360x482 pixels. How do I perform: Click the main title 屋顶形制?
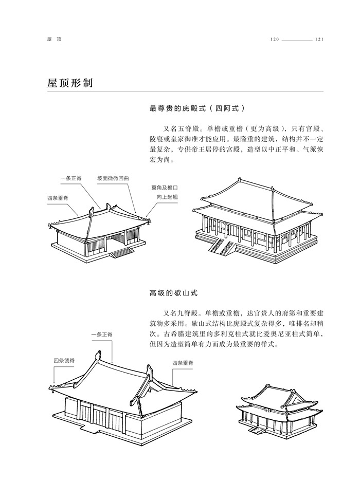tap(69, 83)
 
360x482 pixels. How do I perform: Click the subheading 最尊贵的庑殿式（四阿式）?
tap(196, 108)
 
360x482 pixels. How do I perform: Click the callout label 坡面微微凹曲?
tap(113, 178)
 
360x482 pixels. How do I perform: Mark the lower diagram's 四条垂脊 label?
tap(183, 363)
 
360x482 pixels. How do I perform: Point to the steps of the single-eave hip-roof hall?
tap(122, 252)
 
